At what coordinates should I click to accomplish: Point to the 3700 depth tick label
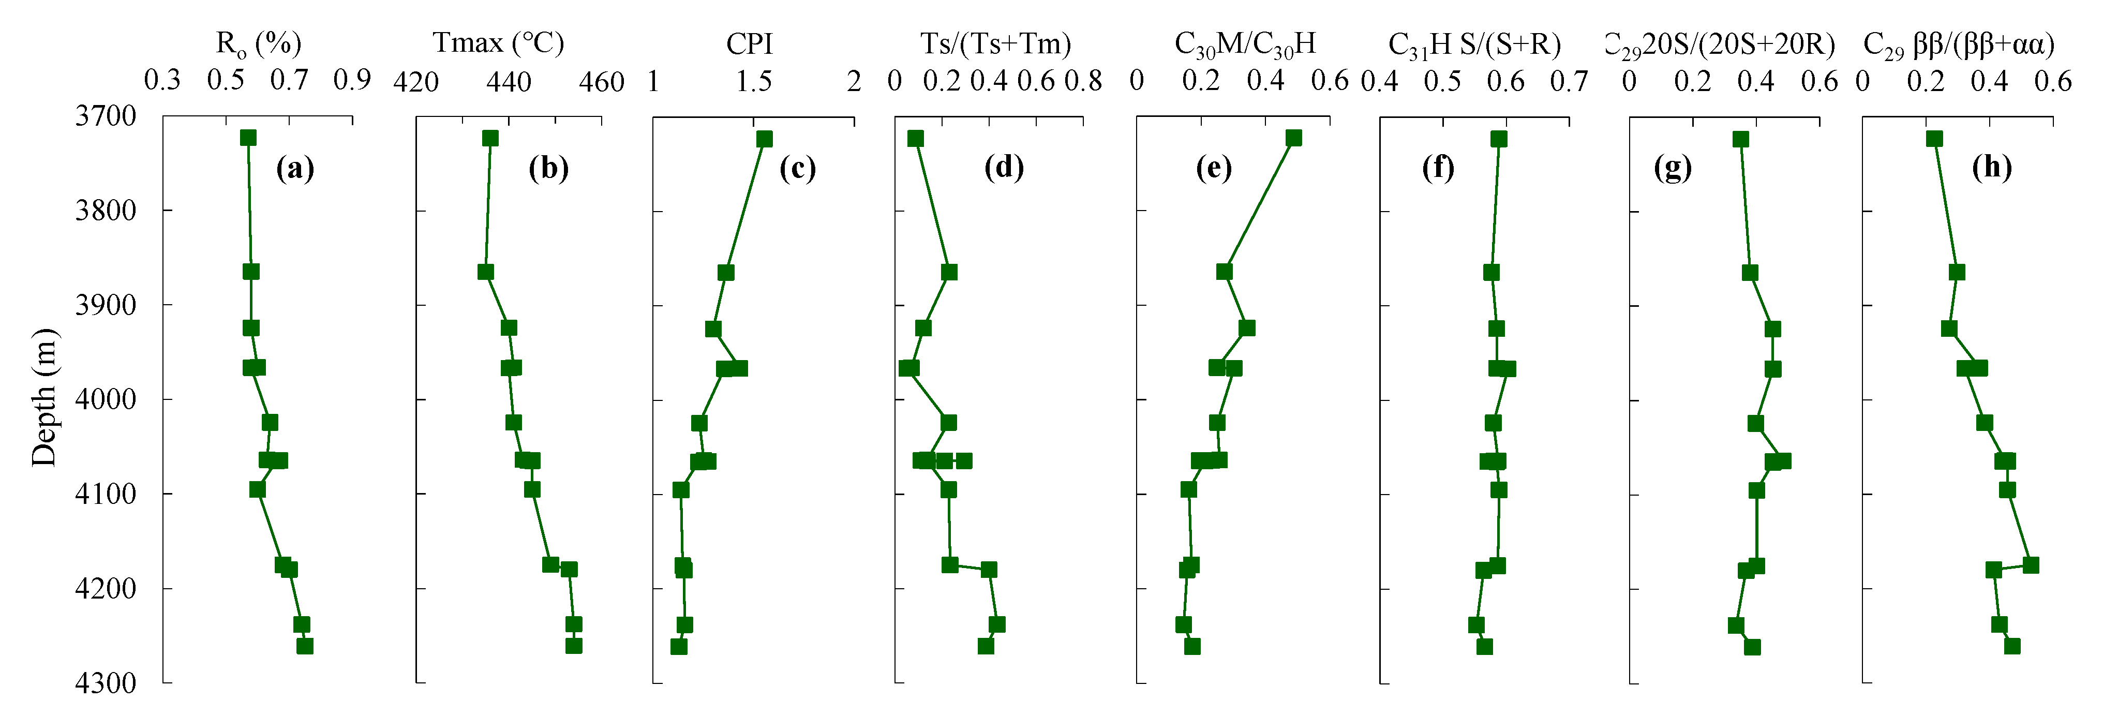click(106, 116)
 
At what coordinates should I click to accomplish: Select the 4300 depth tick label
click(106, 682)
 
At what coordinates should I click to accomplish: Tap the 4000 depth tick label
click(106, 399)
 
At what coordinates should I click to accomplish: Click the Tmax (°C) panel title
click(498, 42)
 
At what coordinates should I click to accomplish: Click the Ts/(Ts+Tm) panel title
click(995, 44)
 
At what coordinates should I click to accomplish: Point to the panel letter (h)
click(1991, 167)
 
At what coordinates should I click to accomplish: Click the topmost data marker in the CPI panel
click(764, 139)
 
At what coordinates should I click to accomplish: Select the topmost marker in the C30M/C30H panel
click(1293, 138)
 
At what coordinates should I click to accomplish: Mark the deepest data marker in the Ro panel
click(305, 646)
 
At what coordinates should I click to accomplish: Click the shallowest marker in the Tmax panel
click(490, 138)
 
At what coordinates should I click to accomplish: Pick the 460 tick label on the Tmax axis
click(602, 82)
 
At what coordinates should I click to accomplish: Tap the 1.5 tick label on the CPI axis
click(754, 82)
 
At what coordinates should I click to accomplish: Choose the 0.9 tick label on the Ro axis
click(352, 80)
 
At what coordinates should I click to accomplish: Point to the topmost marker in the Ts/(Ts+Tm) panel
click(915, 139)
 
